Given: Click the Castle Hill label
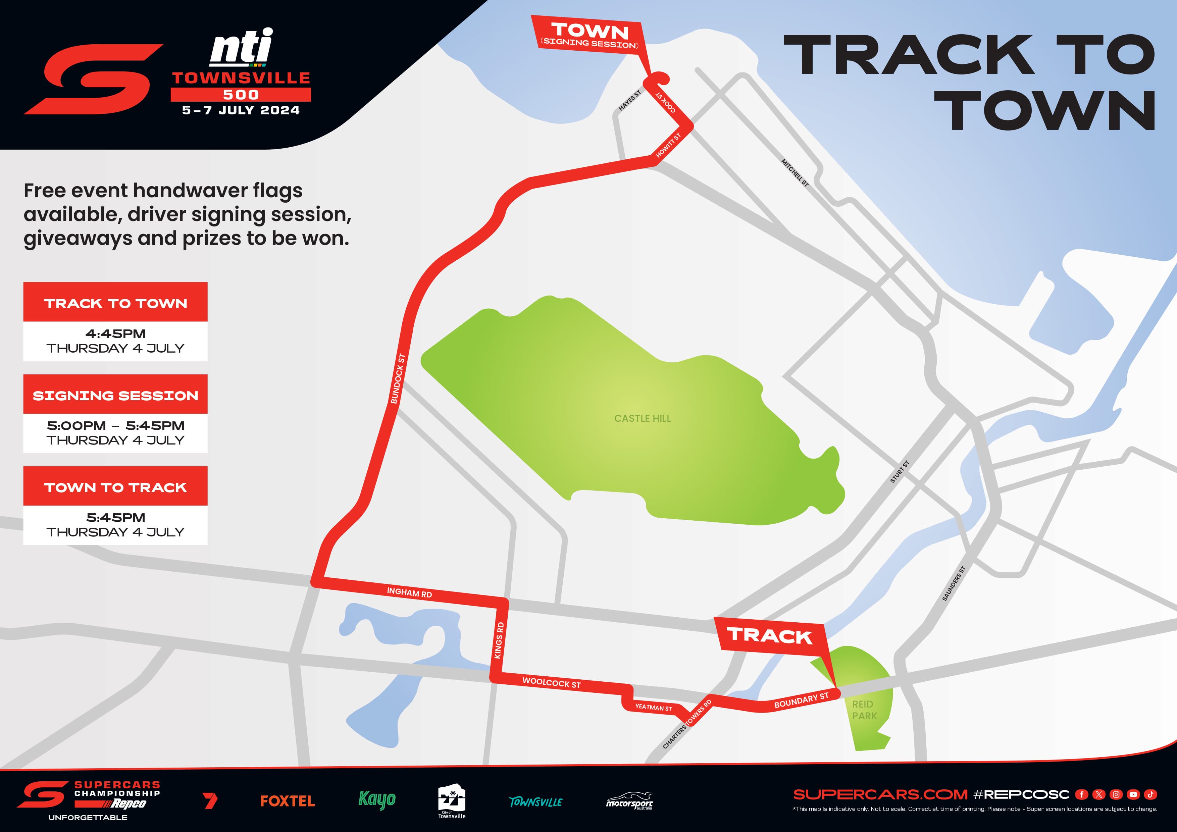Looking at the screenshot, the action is pos(642,418).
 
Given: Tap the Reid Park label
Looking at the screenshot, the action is pos(864,710).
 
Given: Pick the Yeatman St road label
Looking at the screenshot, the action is pos(653,708).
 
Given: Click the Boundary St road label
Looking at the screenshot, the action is pos(801,700).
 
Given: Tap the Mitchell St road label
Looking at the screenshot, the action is pos(795,173).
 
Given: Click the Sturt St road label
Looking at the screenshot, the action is pos(900,472).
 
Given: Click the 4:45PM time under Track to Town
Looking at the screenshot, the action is pos(115,334).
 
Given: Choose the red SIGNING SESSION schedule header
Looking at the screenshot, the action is pos(115,395).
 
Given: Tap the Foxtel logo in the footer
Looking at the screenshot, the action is pos(287,801).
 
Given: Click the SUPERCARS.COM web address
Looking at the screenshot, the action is pos(880,794).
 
